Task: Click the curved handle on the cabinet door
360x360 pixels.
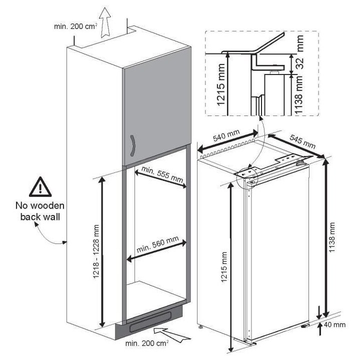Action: click(x=132, y=146)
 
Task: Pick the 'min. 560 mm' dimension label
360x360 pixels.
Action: click(x=156, y=245)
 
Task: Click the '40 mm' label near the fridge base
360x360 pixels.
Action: click(x=334, y=324)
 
